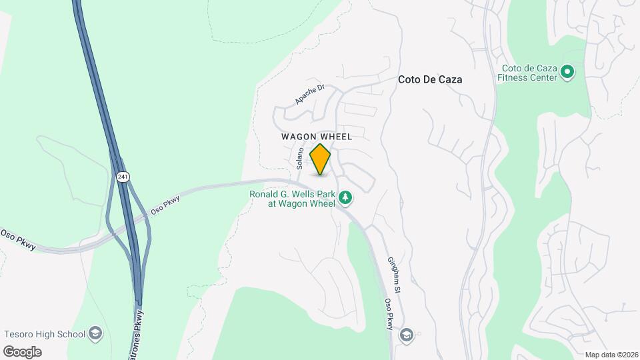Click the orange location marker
click(321, 159)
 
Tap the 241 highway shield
click(121, 177)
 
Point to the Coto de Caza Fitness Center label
click(529, 72)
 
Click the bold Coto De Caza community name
click(430, 79)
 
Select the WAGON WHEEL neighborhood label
click(316, 136)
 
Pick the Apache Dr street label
click(309, 94)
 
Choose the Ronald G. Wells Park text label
click(292, 199)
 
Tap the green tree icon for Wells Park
click(345, 197)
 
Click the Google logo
click(22, 351)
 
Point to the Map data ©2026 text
click(611, 355)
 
